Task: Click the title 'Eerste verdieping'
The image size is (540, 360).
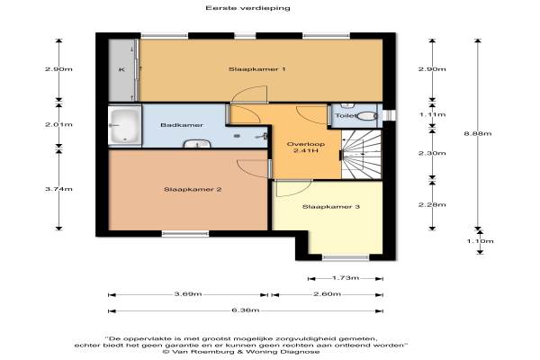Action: (x=248, y=8)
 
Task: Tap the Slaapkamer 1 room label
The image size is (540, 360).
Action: (x=256, y=69)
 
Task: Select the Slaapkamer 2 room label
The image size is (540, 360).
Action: (x=193, y=190)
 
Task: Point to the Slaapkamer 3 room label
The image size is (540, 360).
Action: (x=331, y=207)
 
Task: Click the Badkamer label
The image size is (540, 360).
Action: (x=182, y=125)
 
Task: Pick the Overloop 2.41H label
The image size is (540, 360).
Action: (x=306, y=148)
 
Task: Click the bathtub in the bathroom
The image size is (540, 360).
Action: (x=125, y=126)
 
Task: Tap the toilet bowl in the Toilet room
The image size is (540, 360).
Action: (x=367, y=116)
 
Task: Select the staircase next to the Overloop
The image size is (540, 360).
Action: (x=361, y=154)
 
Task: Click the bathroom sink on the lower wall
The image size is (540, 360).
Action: (x=197, y=143)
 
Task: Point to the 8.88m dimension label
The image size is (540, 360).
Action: (x=478, y=134)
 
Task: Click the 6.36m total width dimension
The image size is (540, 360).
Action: (x=246, y=310)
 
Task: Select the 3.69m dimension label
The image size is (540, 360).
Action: (x=188, y=294)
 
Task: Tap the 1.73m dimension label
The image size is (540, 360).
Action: (x=346, y=278)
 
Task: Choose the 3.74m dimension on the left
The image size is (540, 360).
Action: (x=58, y=189)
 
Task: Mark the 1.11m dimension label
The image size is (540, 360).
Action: (x=432, y=114)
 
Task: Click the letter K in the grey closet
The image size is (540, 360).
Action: (x=121, y=70)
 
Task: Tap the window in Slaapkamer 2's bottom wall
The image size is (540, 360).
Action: (x=185, y=234)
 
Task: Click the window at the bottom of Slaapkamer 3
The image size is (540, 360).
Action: (x=346, y=257)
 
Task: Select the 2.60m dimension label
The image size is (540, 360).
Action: (x=328, y=294)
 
